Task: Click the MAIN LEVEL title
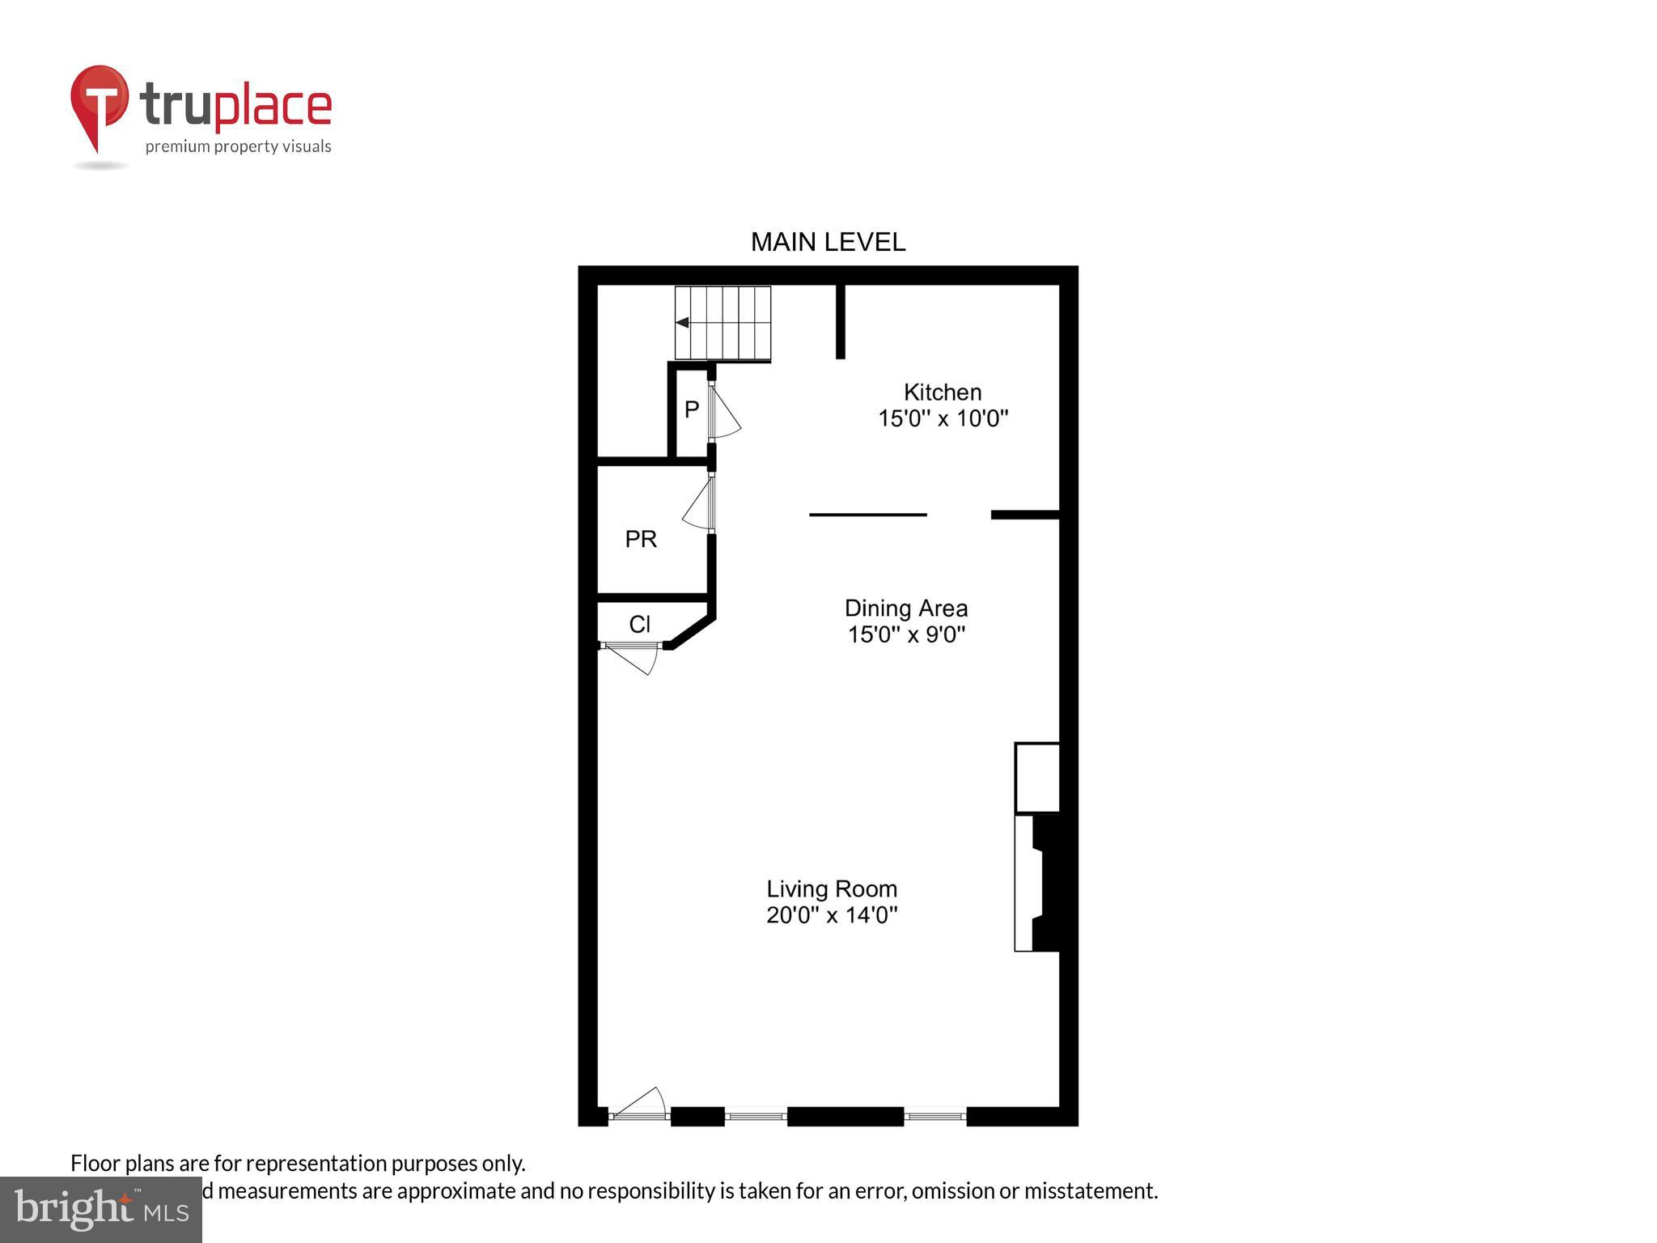click(828, 242)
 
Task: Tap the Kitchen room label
click(943, 392)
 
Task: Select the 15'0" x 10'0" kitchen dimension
click(943, 418)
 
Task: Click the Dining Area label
click(906, 609)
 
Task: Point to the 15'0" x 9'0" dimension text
click(906, 634)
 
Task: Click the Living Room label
click(832, 889)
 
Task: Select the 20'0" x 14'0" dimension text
click(832, 915)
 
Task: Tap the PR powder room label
click(641, 539)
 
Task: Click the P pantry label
click(691, 410)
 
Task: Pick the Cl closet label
click(639, 625)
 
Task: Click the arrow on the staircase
click(682, 322)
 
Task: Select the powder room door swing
click(698, 507)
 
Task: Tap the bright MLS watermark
click(101, 1209)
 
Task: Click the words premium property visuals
click(238, 146)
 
